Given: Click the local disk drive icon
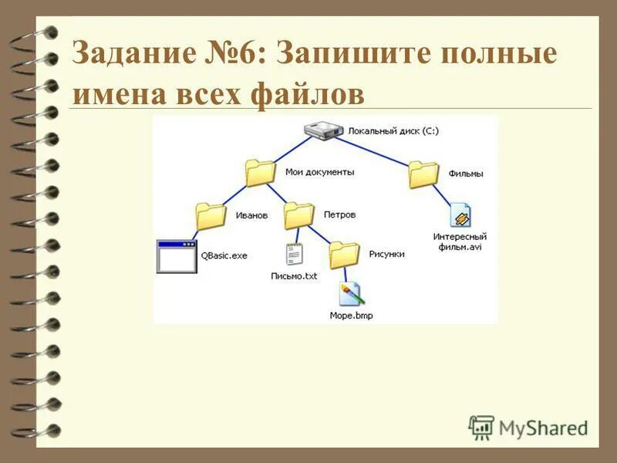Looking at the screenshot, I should coord(322,131).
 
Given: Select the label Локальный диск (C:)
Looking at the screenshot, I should coord(393,131).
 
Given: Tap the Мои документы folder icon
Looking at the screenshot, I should coord(260,173).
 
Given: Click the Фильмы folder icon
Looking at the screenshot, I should coord(423,174).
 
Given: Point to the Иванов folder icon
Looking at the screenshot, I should coord(211,216).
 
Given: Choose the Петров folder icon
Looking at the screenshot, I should coord(299,215).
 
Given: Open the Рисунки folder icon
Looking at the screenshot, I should coord(344,254).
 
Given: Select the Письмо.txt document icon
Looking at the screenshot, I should coord(293,255).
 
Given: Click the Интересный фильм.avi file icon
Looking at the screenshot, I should coord(460,216).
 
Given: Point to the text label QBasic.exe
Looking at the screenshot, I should coord(224,255).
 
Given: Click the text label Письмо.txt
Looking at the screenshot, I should coord(294,276).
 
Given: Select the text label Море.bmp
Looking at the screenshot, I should coord(351,316).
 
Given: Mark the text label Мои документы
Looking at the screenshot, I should coord(319,172).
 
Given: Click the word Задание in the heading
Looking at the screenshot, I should coord(130,56).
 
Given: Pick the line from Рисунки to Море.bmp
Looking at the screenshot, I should coord(347,275).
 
